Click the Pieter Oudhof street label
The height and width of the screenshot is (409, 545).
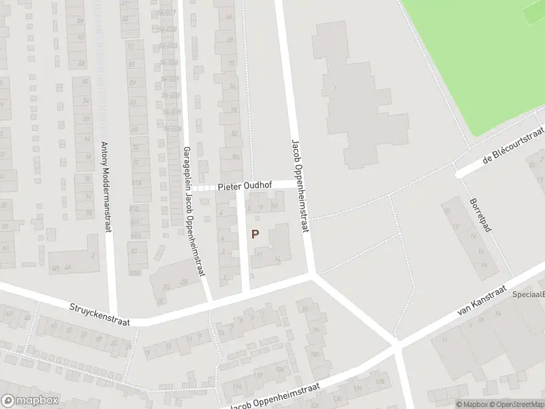(245, 186)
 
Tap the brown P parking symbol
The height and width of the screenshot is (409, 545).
(255, 234)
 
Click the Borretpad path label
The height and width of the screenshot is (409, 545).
(480, 215)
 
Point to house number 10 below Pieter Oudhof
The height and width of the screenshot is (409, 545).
(275, 204)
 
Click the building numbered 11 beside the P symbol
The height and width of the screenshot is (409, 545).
(260, 254)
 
